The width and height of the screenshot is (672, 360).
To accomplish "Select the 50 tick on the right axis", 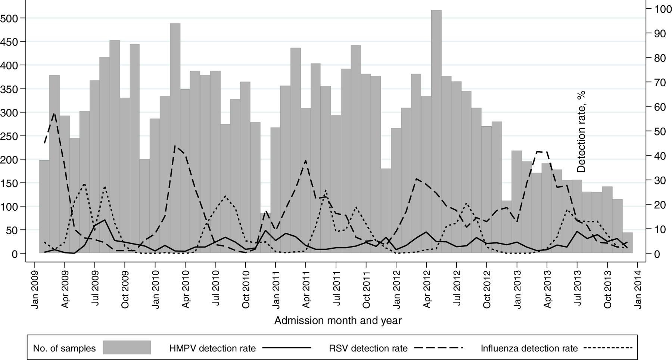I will tap(660, 131).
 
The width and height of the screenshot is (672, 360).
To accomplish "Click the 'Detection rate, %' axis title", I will tap(581, 131).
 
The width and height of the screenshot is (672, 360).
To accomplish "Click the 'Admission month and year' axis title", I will tap(338, 320).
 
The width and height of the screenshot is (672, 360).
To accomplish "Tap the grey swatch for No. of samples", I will tap(127, 347).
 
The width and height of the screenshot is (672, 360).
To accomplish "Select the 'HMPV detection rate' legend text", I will tap(212, 349).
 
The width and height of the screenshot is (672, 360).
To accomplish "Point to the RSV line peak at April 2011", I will tap(306, 161).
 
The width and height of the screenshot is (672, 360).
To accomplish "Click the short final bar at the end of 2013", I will tap(628, 243).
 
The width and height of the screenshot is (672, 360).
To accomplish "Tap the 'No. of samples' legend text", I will tap(64, 349).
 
